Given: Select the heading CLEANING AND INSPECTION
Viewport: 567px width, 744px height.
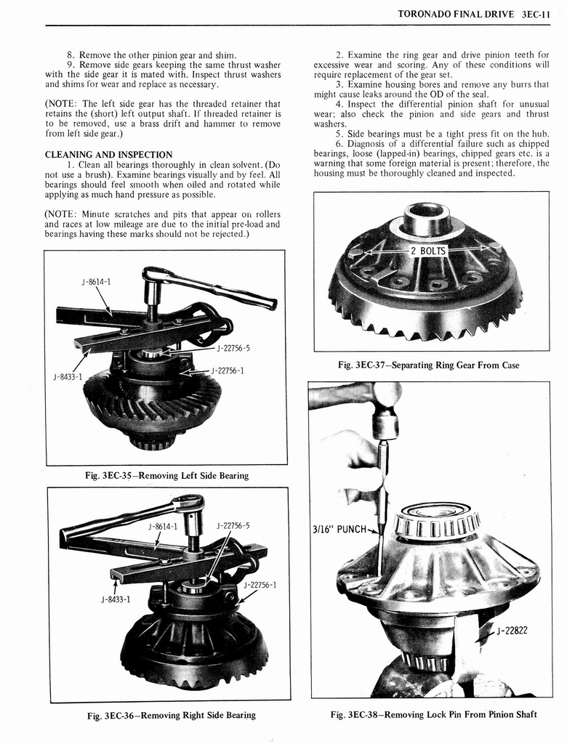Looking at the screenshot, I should coord(108,155).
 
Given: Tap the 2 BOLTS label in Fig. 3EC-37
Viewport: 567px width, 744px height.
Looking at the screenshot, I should coord(428,251).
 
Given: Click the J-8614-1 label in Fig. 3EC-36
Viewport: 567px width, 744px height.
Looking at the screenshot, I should coord(161,526).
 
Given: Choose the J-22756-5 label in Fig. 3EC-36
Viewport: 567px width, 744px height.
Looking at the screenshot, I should coord(233,526).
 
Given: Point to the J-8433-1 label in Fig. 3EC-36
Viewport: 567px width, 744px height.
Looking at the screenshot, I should coord(116,599).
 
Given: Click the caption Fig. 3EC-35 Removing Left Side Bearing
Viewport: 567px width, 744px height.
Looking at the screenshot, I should coord(166,476).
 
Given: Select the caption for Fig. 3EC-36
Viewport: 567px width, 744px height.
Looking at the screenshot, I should coord(171,715).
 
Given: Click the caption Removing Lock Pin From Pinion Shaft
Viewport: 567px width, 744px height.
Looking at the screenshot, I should coord(433,714).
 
